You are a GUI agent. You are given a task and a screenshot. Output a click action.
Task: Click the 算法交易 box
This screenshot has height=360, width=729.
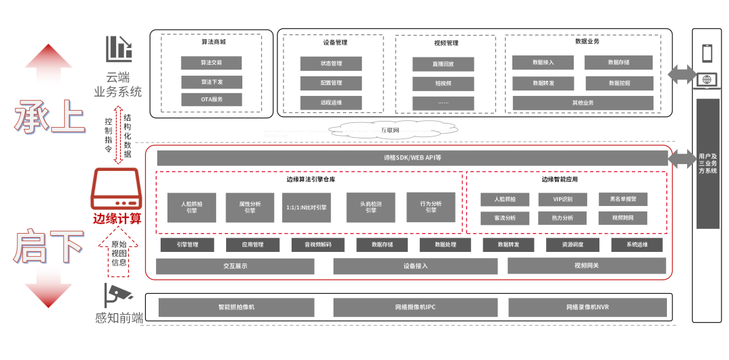click(211, 63)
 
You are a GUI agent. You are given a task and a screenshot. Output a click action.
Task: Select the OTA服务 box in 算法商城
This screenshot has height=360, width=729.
click(211, 99)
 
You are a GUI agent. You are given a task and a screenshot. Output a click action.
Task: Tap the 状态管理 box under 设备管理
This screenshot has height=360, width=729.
click(331, 63)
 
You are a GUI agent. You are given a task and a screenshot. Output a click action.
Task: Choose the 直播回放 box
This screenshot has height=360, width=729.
click(443, 64)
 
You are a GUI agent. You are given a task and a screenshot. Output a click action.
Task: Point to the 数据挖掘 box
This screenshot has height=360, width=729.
click(619, 83)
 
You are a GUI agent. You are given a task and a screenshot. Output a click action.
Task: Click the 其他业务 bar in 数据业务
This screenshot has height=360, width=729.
click(583, 103)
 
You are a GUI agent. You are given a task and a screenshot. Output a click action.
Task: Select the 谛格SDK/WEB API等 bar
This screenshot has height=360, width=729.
click(412, 158)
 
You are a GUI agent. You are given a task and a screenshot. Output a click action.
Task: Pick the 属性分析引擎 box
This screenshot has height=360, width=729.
click(250, 207)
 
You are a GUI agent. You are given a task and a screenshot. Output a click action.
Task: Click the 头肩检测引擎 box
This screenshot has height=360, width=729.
click(371, 207)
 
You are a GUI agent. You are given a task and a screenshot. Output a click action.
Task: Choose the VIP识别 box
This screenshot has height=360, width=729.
click(562, 199)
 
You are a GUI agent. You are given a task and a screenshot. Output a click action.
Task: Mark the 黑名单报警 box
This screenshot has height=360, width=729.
click(622, 199)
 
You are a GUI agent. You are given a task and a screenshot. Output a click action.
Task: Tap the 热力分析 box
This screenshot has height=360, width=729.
click(562, 218)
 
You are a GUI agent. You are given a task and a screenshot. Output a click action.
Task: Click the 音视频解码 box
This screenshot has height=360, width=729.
click(318, 245)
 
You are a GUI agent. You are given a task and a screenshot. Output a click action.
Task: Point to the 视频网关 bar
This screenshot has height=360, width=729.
click(586, 265)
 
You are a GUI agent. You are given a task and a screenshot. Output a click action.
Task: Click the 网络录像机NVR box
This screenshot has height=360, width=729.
click(587, 307)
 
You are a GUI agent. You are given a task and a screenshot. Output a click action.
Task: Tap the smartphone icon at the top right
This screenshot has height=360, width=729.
click(707, 53)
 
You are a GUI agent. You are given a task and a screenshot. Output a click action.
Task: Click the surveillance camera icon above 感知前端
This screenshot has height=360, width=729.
click(118, 295)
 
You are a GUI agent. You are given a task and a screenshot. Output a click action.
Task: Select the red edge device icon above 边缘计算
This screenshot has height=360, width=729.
click(117, 190)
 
